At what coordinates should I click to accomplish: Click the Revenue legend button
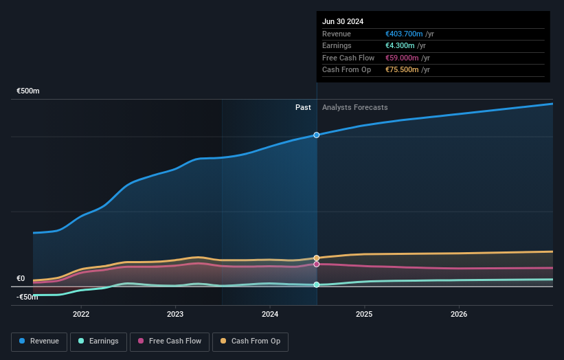pos(39,341)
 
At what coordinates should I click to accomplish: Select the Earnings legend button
pos(98,341)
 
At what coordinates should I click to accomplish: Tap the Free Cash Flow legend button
pos(169,341)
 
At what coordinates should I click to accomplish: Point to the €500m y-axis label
pos(28,91)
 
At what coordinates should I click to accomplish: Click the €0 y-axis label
pos(21,279)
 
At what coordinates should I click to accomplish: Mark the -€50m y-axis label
pos(28,297)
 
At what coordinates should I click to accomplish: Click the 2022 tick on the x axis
pos(81,315)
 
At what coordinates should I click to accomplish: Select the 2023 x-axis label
pos(175,315)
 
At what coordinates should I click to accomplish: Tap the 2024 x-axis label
pos(270,315)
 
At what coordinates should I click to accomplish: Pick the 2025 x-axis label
pos(364,315)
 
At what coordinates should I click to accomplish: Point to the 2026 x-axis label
pos(458,315)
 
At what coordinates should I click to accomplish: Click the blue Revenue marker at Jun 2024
pos(317,135)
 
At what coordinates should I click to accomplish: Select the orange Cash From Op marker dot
pos(317,258)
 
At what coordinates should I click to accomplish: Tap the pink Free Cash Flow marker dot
pos(317,264)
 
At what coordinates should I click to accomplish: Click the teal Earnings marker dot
pos(317,284)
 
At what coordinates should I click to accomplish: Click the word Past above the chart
pos(303,108)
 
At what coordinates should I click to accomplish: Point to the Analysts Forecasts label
pos(354,108)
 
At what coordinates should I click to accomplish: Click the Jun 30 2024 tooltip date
pos(343,21)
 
